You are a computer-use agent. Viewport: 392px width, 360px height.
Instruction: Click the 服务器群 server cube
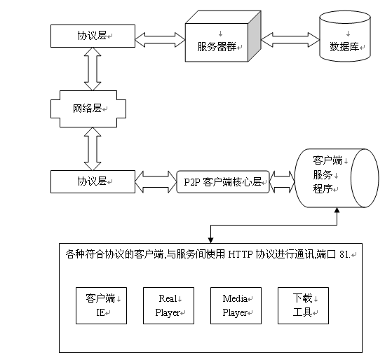coord(223,36)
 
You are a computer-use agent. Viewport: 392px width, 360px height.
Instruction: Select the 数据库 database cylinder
coord(345,36)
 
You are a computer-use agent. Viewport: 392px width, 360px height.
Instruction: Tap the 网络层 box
coord(88,109)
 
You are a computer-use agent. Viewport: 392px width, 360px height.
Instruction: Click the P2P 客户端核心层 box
coord(223,181)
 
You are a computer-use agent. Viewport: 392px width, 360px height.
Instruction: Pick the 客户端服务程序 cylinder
coord(337,178)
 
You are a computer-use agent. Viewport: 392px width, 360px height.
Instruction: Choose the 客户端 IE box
coord(101,305)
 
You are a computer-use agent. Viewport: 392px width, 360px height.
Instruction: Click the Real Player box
coord(168,305)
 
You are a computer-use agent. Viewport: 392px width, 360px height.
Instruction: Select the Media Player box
coord(236,305)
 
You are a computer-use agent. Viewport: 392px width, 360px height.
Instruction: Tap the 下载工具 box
coord(303,305)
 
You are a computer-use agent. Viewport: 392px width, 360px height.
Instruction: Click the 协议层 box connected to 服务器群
coord(93,36)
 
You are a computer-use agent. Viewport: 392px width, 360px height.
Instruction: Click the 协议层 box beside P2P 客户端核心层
coord(93,181)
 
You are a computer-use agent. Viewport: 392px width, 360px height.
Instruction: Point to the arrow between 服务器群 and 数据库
coord(290,40)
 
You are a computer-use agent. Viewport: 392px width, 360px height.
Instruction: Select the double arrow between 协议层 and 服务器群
coord(160,40)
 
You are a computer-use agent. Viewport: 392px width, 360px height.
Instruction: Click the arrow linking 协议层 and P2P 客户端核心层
coord(156,181)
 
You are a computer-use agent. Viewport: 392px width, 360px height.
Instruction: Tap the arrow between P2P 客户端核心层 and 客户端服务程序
coord(282,181)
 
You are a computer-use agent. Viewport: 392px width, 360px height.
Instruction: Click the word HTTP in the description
coord(241,254)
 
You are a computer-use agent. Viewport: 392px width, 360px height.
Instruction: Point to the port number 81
coord(344,254)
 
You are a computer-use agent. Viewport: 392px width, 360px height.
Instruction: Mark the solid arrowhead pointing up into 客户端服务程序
coord(337,210)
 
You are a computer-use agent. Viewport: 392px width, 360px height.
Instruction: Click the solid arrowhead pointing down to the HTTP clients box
coord(211,240)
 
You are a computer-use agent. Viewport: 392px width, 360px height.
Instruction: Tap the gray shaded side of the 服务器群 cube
coord(255,36)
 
